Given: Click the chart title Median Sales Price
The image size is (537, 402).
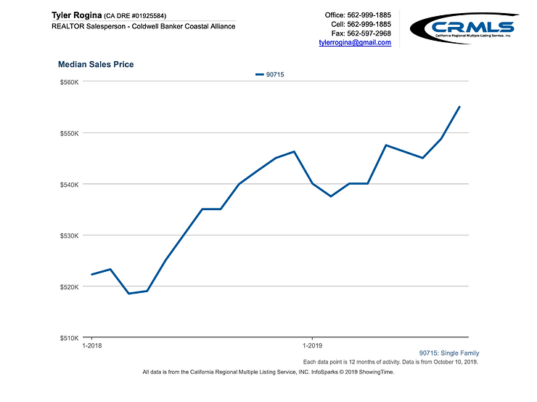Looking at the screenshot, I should coord(96,65).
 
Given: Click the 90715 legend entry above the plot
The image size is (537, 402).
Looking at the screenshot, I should coord(269,74).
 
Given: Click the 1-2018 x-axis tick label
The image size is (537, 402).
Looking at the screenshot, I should coord(92,347).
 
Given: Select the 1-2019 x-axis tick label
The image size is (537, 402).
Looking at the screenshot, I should coord(312,347).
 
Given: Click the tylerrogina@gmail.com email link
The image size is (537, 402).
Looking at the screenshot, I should coord(355,43).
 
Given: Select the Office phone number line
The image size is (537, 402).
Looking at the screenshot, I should coord(358,15).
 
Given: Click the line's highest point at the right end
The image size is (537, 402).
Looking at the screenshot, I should coord(459,107).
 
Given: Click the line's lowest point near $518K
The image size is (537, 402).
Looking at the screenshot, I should coord(129,294).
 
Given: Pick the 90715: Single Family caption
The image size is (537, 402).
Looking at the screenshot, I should coord(448,353).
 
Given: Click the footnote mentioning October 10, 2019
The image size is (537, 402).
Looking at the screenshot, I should coord(390,361).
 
